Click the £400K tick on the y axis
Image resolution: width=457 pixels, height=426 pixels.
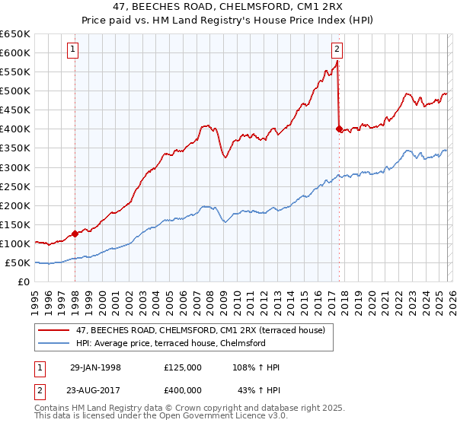[14, 129]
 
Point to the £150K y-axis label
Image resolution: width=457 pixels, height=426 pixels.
[14, 224]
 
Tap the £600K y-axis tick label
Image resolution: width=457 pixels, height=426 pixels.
[14, 52]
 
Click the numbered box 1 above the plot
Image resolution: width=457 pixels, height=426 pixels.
[74, 50]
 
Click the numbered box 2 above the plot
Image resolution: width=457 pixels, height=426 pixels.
[337, 50]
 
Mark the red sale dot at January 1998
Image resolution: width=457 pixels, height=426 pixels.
[75, 234]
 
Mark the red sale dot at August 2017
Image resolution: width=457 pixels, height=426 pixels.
[339, 129]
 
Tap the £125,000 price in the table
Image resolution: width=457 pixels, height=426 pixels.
[183, 367]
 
